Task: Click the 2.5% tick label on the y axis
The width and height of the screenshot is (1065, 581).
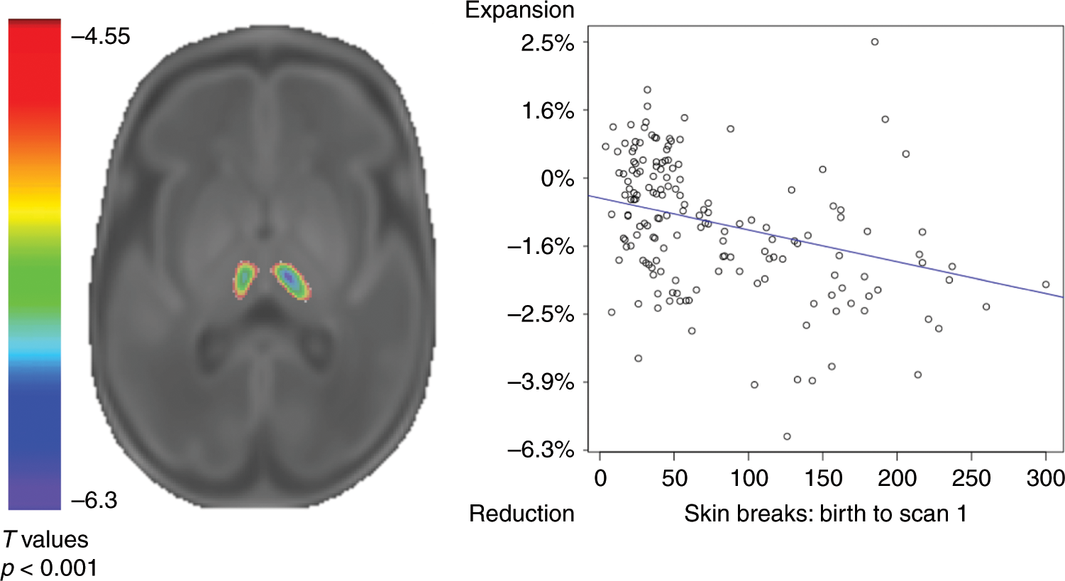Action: [x=546, y=43]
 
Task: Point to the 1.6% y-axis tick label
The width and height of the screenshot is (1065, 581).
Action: [x=546, y=111]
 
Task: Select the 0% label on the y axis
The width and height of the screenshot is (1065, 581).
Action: [x=557, y=178]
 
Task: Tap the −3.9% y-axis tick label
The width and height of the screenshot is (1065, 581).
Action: [x=541, y=382]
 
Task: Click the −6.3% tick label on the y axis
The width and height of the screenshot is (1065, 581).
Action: [x=541, y=450]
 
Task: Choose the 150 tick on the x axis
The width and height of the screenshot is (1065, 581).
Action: [x=823, y=478]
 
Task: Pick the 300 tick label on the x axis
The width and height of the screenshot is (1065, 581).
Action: [x=1045, y=478]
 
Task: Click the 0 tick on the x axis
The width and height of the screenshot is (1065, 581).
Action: [x=600, y=478]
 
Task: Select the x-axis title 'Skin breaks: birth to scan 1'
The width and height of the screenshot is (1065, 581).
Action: [x=825, y=514]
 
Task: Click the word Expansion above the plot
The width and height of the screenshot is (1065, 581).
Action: [x=519, y=11]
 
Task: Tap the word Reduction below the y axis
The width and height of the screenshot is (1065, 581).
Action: [x=522, y=514]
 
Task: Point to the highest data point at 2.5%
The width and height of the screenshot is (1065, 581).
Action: [x=875, y=42]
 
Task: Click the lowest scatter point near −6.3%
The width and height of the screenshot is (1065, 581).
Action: [x=787, y=436]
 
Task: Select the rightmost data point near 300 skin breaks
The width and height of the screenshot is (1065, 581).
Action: [x=1046, y=284]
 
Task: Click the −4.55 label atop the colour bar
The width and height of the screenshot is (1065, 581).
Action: [x=101, y=37]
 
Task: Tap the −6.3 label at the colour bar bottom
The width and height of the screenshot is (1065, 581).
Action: [x=94, y=501]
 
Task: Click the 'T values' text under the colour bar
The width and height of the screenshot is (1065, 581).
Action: [x=45, y=540]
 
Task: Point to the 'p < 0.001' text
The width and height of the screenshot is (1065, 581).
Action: [x=49, y=568]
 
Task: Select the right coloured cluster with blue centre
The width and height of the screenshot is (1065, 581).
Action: [x=291, y=280]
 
